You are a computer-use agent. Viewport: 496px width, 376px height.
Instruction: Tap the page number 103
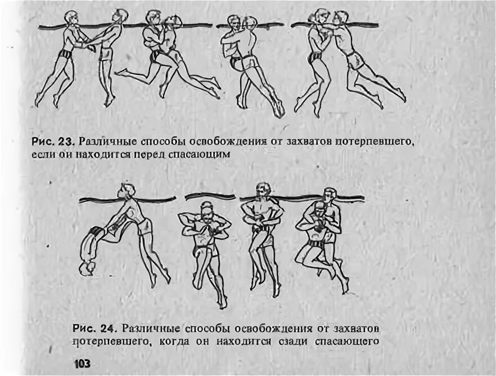tap(82, 364)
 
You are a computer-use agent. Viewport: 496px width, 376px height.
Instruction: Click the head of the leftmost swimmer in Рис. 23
tap(70, 18)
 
